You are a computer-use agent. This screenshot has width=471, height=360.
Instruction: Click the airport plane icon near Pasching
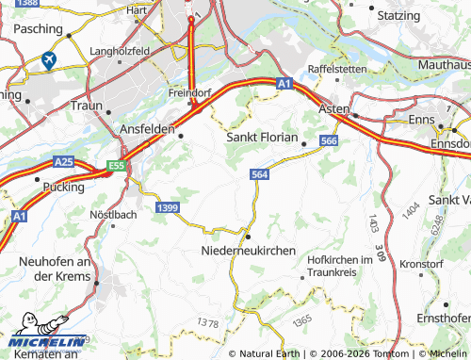[x=48, y=60]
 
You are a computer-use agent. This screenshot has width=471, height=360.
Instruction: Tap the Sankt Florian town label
[x=263, y=137]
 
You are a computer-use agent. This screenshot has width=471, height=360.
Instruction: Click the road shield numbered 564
[x=261, y=174]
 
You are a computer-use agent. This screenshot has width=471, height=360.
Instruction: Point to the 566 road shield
[x=328, y=140]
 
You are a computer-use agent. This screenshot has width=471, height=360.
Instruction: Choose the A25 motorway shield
[x=63, y=162]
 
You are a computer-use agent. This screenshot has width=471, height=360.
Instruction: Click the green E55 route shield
[x=116, y=166]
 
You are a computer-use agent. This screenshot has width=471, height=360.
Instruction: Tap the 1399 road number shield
[x=169, y=206]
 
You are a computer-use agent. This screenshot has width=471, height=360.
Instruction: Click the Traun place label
[x=86, y=106]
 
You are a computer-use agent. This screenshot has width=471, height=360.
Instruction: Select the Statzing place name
[x=398, y=17]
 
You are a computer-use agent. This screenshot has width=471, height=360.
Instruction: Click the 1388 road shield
[x=29, y=5]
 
